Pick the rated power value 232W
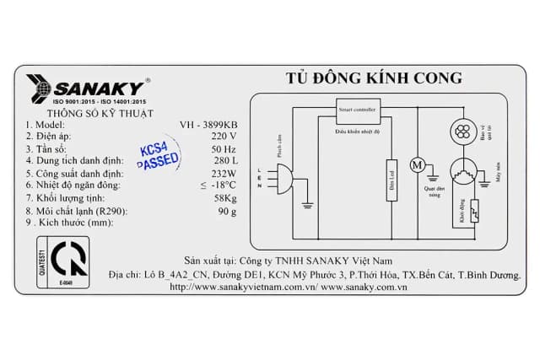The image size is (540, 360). (223, 173)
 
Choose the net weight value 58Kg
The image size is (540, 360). (225, 197)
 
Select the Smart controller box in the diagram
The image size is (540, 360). (358, 111)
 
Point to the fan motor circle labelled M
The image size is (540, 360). (416, 165)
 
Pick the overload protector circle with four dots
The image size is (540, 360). (462, 130)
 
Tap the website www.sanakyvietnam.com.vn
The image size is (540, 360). (243, 287)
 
